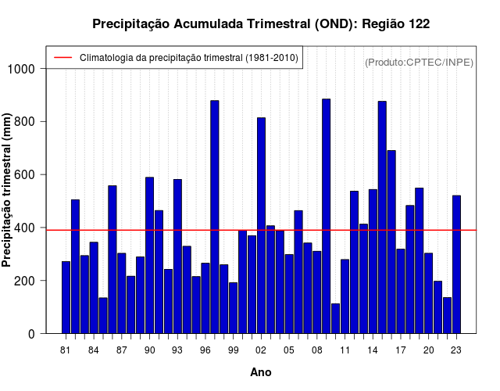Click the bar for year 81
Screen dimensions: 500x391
pos(66,297)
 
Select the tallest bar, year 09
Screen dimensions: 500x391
pos(327,216)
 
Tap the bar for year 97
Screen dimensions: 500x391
pos(215,217)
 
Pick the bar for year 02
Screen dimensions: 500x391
pos(261,226)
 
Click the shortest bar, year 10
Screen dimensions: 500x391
pos(335,318)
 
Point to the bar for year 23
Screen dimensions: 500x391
pos(456,264)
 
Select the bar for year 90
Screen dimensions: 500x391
pos(149,256)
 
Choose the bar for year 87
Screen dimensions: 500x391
pos(122,293)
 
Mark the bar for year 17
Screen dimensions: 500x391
pos(401,291)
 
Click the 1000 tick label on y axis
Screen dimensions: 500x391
pos(21,69)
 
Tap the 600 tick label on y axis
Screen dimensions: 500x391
pos(24,175)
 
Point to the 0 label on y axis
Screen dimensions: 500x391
pos(31,334)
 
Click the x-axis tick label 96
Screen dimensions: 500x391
pos(205,350)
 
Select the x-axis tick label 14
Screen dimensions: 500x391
pos(373,350)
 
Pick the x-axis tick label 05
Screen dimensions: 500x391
pos(289,350)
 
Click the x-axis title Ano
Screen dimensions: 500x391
pos(261,372)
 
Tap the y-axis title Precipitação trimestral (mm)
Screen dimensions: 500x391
pos(6,190)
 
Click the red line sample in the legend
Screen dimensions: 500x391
pos(63,57)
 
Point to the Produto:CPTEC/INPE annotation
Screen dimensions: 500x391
pos(419,63)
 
